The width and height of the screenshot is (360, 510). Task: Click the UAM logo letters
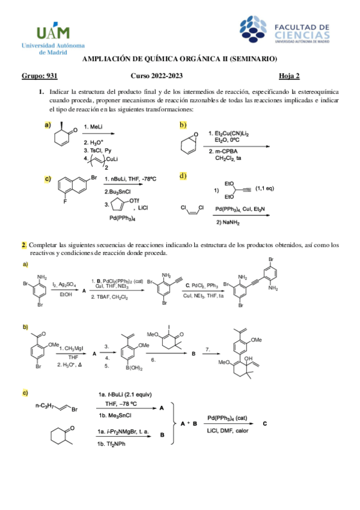coord(53,32)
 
